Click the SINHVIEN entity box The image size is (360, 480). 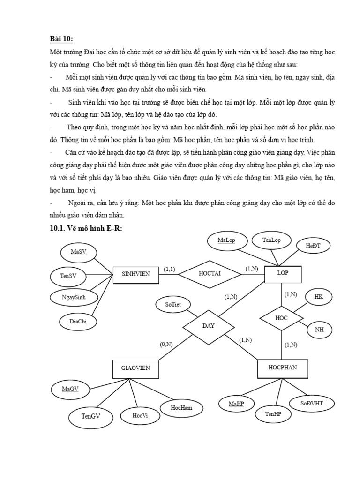click(x=136, y=274)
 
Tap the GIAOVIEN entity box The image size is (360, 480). click(x=136, y=368)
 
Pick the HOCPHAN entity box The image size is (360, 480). click(x=283, y=368)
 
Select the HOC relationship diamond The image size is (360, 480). click(x=281, y=318)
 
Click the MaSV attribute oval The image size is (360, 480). click(x=79, y=253)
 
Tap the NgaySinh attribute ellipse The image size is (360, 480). click(x=74, y=297)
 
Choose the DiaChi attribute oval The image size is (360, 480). click(x=79, y=321)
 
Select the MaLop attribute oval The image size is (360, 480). click(x=226, y=241)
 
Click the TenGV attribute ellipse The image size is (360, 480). click(x=91, y=416)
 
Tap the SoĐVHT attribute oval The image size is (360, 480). click(x=312, y=404)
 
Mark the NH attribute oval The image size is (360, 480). click(x=319, y=330)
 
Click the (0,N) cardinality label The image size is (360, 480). click(x=166, y=345)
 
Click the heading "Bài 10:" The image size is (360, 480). click(x=61, y=38)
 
